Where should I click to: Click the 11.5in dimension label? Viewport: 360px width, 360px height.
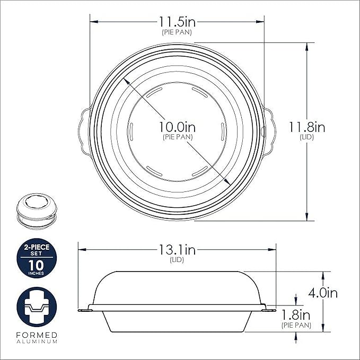177,22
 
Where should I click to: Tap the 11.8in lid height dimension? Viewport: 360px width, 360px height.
307,127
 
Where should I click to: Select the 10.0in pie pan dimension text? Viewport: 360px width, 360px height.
178,127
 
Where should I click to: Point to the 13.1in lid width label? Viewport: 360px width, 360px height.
177,250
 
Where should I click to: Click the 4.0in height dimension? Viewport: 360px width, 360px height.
323,293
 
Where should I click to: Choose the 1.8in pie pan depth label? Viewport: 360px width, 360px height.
296,315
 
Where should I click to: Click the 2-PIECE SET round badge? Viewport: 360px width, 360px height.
37,258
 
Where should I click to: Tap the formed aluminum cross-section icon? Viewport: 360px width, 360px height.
37,307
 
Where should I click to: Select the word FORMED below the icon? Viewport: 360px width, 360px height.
37,335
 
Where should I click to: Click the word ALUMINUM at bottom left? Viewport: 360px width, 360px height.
37,341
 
